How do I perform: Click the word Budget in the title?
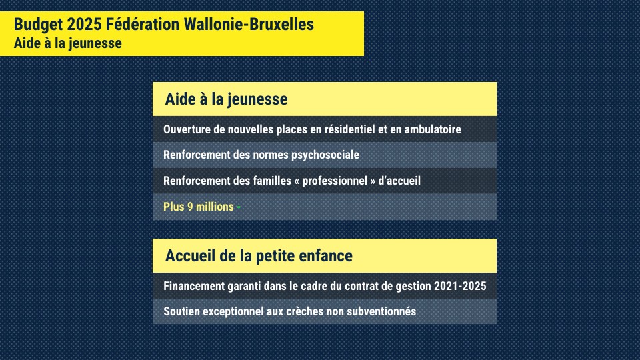click(37, 25)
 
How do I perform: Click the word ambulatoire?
click(429, 129)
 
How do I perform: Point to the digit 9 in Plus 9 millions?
click(190, 207)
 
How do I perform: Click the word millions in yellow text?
click(215, 207)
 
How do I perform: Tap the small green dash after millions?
click(239, 207)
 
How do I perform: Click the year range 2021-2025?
click(461, 285)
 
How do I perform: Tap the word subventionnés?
click(382, 311)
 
